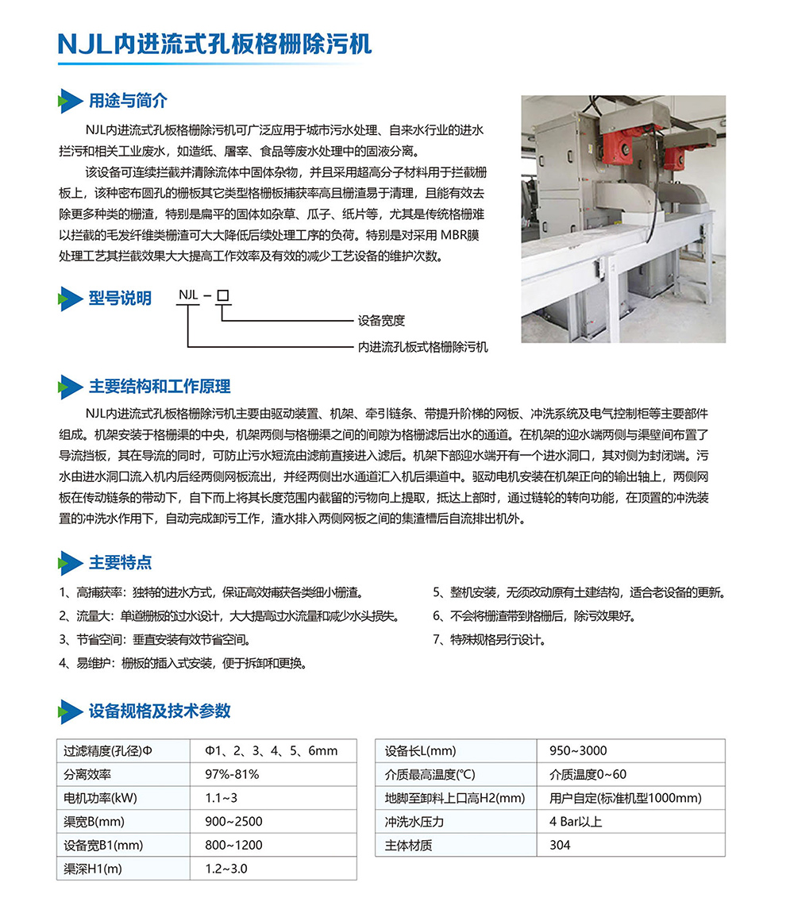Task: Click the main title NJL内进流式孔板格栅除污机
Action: click(214, 44)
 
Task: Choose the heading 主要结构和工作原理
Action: click(160, 387)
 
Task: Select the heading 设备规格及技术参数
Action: click(160, 710)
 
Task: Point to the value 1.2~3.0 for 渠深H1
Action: click(226, 869)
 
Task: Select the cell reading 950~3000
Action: click(578, 750)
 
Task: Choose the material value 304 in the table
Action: click(560, 845)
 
